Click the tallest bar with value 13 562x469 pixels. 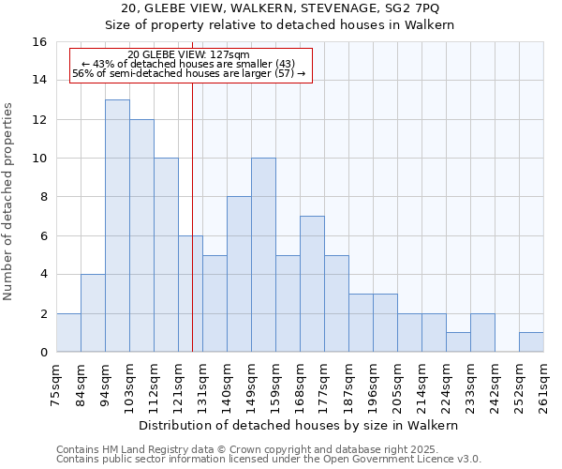[x=117, y=226]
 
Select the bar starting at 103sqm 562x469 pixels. [x=141, y=235]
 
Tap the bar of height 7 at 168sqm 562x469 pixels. [x=312, y=284]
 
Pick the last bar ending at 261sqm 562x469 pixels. [x=531, y=342]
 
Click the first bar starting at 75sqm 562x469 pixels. [x=68, y=333]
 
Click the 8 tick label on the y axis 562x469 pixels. [x=44, y=198]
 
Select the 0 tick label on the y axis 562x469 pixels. [x=44, y=353]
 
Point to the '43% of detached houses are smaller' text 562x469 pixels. [x=188, y=64]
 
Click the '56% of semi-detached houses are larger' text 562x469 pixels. [x=188, y=73]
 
